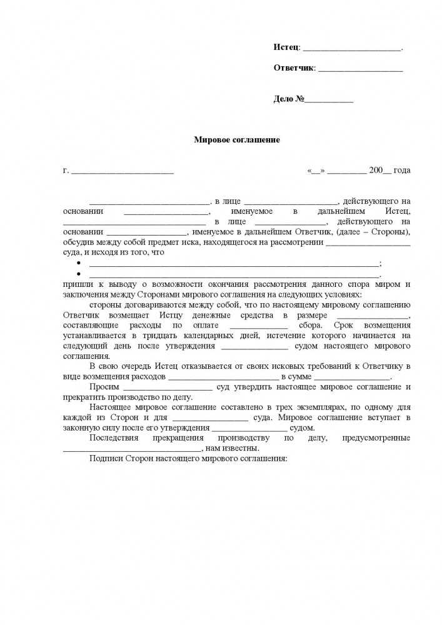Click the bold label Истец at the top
(286, 48)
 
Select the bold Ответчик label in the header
(293, 68)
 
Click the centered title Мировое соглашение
(237, 140)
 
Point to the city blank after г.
(122, 171)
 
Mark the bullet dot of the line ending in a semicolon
(79, 264)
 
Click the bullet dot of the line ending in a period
(79, 274)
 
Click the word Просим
(104, 387)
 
